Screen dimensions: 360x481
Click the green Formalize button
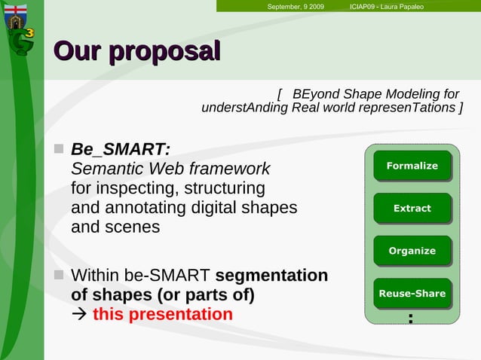412,166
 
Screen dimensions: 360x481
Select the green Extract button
412,208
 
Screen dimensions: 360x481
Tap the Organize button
412,251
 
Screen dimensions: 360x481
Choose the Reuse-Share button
412,293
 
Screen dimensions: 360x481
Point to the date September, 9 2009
296,7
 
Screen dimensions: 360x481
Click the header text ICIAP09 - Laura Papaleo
387,7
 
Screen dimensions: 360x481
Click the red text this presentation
162,314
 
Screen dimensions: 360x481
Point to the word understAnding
244,108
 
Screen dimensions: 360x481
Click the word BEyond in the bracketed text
315,94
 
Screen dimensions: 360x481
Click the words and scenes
115,226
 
